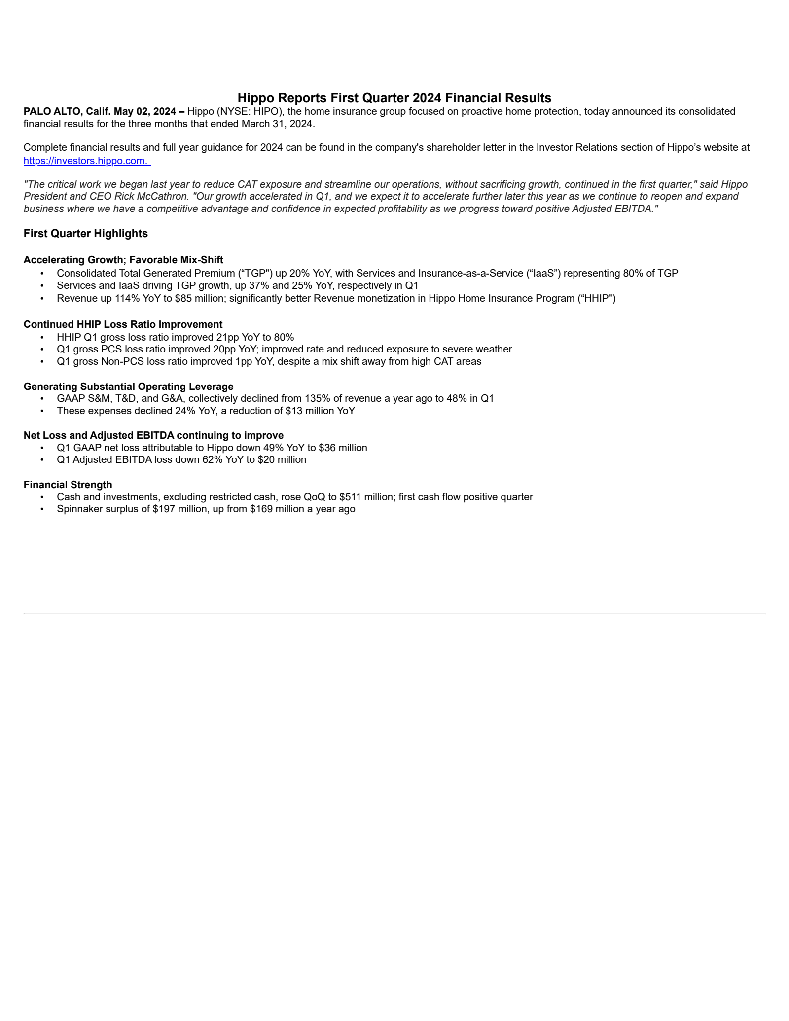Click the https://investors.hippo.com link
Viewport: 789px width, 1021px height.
pos(86,161)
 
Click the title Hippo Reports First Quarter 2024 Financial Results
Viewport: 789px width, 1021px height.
pos(394,98)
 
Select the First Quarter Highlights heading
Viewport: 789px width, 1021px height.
pos(85,234)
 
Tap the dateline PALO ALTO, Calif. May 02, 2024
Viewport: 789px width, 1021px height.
pos(100,112)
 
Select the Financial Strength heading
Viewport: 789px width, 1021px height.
pos(68,485)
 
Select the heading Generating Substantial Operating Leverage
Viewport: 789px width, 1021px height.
pos(128,387)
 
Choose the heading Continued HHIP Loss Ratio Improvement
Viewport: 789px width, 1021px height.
pos(123,324)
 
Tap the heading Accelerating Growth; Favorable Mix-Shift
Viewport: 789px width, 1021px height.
pos(123,260)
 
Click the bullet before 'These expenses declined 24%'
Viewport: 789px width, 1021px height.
pos(42,411)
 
